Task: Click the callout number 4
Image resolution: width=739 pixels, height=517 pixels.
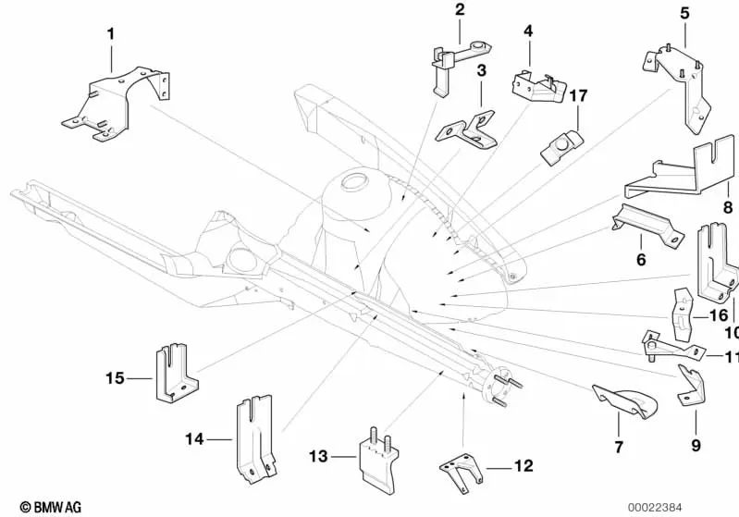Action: tap(528, 31)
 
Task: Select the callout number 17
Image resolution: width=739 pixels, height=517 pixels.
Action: tap(578, 94)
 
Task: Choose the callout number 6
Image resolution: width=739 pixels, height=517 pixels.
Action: tap(640, 260)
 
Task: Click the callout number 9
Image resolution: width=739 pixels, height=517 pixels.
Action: tap(696, 429)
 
